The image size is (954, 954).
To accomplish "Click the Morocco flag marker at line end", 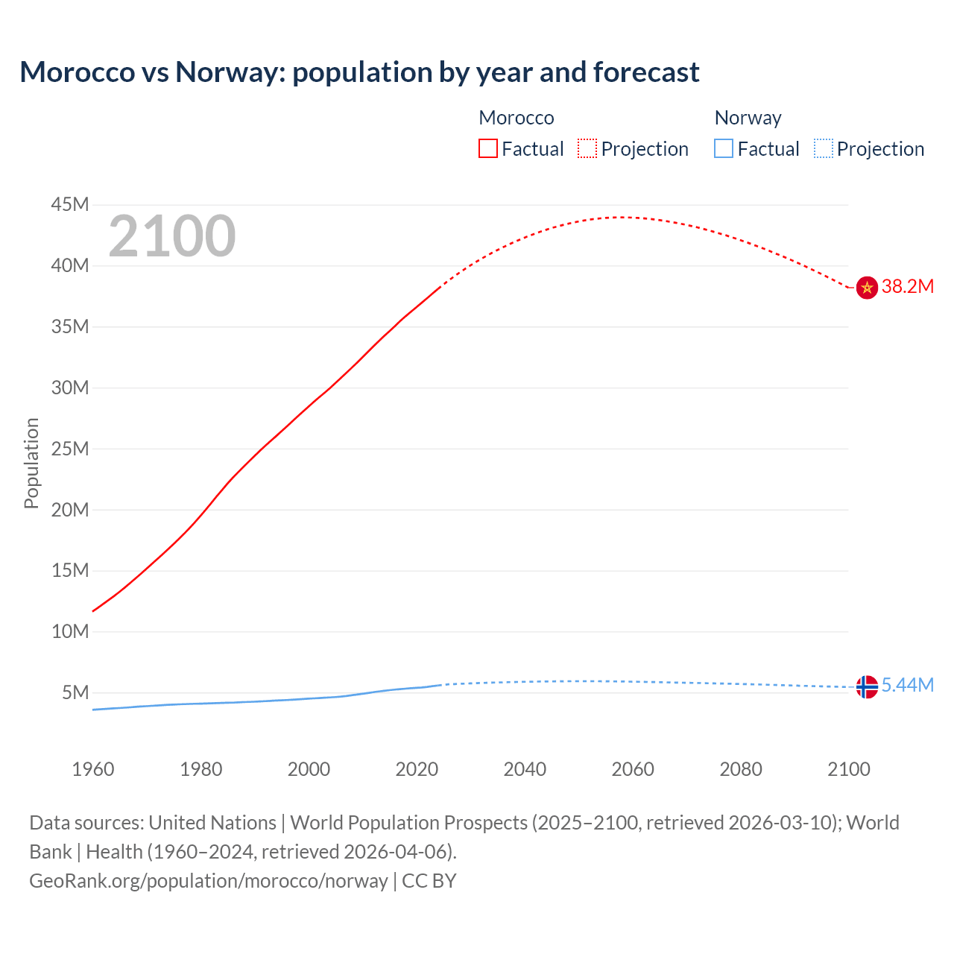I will [x=866, y=287].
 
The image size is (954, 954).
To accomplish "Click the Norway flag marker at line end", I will [x=866, y=686].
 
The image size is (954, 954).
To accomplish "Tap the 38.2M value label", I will [x=907, y=287].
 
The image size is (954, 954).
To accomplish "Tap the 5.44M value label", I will [x=907, y=686].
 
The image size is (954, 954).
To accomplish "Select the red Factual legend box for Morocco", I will [x=487, y=149].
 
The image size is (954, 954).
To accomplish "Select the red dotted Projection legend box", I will [x=587, y=149].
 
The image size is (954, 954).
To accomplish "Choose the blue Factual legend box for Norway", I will [x=723, y=149].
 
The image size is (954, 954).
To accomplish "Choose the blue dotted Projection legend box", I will [x=823, y=149].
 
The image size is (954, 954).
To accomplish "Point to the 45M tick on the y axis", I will [x=70, y=205].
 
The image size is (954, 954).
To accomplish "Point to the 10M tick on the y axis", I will [x=70, y=632].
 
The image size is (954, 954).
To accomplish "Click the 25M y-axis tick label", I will [x=70, y=449].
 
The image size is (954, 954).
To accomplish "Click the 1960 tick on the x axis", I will [x=93, y=769].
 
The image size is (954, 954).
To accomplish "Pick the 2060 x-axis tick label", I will [x=633, y=769].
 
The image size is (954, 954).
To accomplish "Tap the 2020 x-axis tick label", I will [x=417, y=769].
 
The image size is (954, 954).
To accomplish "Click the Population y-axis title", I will [x=31, y=463].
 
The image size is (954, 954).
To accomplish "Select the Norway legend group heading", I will [x=748, y=118].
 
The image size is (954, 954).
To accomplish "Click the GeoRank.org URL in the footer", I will [x=208, y=881].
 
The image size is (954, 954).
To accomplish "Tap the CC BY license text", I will [x=429, y=881].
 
